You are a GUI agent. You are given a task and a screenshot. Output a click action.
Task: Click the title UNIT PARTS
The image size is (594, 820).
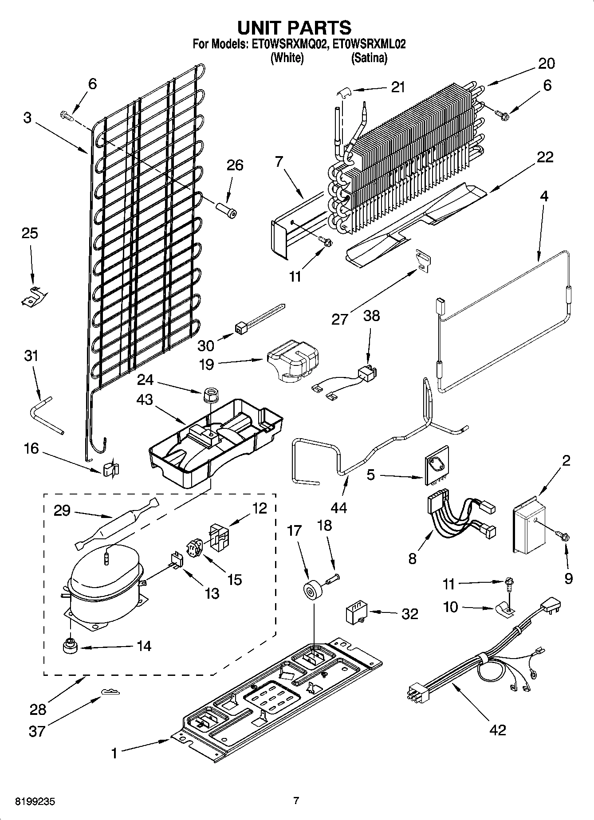[294, 27]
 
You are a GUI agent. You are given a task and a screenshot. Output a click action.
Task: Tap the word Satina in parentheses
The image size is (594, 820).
[369, 58]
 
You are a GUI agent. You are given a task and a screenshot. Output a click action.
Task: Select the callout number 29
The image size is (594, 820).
[62, 510]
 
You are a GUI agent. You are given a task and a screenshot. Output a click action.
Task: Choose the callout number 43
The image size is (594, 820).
[144, 400]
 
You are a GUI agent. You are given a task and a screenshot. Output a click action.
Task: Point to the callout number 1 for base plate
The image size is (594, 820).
[114, 753]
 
